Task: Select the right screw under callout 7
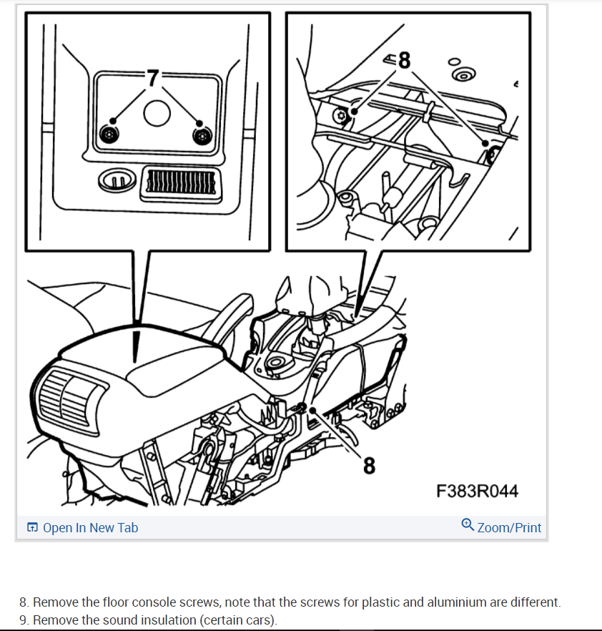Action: pos(202,134)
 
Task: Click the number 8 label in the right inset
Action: pos(404,61)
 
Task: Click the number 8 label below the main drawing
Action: pos(368,466)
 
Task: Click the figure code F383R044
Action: pos(477,491)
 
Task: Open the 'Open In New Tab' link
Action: pos(90,528)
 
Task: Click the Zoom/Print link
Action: pos(509,528)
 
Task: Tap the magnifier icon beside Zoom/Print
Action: pos(468,525)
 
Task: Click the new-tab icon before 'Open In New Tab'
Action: pos(32,528)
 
